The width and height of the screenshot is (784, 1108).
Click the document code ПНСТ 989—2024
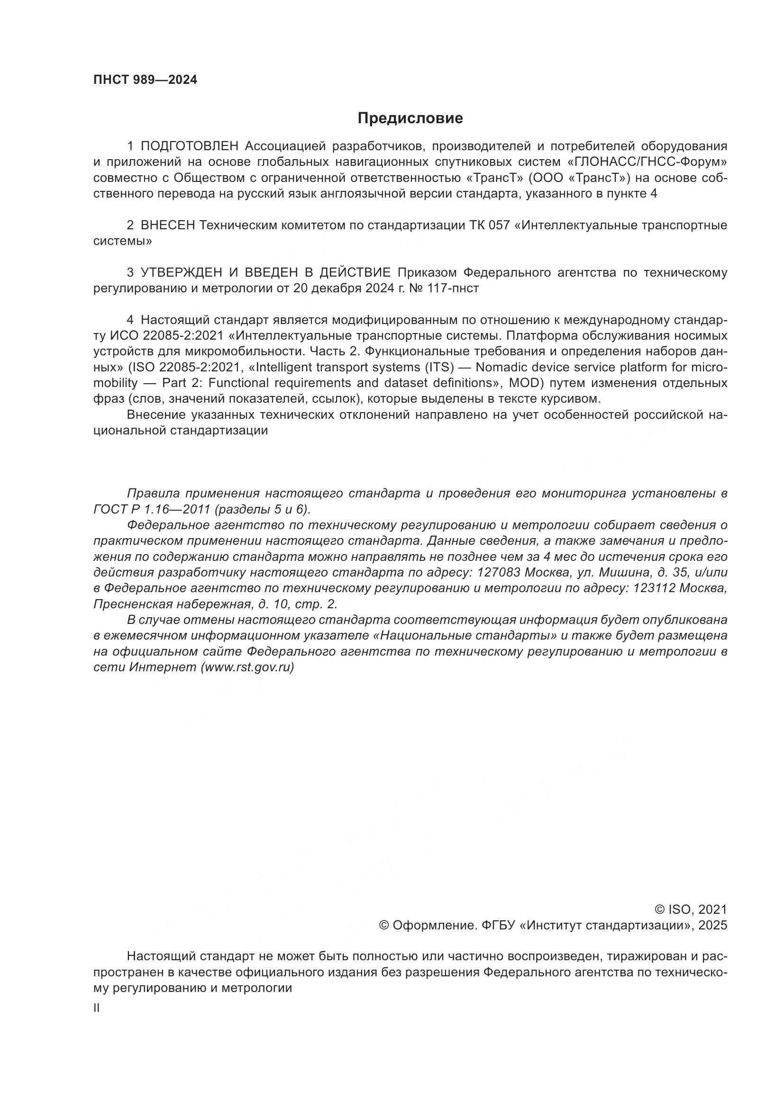[x=146, y=80]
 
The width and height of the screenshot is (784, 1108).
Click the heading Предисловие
[x=410, y=118]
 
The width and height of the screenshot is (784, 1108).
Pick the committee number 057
[x=499, y=225]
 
